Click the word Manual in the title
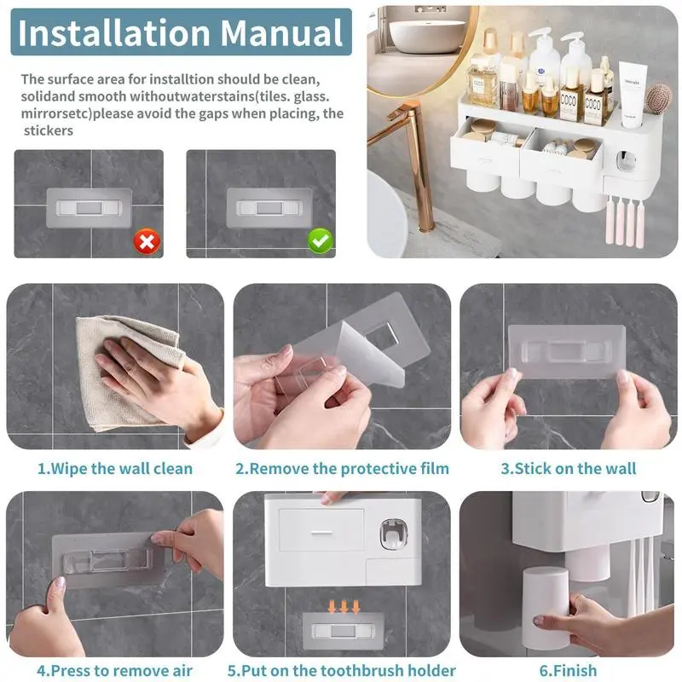coord(282,32)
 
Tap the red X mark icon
coord(147,241)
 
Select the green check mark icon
coord(321,240)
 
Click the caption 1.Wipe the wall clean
coord(115,468)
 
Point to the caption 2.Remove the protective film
coord(343,468)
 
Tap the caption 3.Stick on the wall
coord(568,468)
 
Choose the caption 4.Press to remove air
coord(114,670)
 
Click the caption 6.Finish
coord(568,670)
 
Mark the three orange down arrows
coord(344,606)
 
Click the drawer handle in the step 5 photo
coord(321,532)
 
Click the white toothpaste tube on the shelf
coord(632,95)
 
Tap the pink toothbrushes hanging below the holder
coord(625,221)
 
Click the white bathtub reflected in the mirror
coord(425,36)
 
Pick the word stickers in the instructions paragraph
coord(49,130)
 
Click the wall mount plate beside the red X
coord(90,208)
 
